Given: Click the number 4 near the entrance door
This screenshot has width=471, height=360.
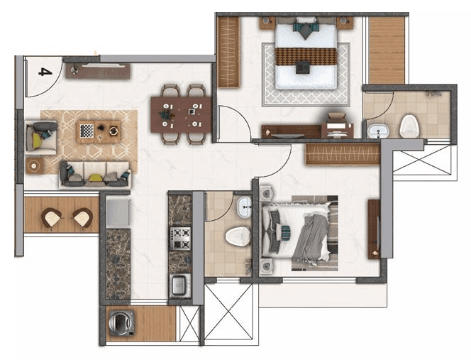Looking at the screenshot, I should point(45,72).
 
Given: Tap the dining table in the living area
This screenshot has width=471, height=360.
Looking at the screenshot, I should point(182,114).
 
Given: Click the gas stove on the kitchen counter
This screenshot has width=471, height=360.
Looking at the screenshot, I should point(180,236).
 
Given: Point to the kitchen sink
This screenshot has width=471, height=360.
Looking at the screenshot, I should point(178,285).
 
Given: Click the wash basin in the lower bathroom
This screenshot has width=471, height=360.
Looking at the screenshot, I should point(245,207).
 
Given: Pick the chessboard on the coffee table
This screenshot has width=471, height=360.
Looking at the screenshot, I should point(87,130).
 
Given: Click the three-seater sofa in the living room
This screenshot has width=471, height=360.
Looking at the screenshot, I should point(94,174).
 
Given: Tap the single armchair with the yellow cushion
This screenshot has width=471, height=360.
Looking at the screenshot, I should point(40,138).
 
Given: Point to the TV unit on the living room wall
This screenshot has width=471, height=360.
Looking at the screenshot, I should point(97,70).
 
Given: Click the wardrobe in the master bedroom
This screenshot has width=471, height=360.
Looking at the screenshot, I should point(228,52).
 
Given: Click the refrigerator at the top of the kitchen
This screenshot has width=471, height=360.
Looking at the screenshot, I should point(118,212).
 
